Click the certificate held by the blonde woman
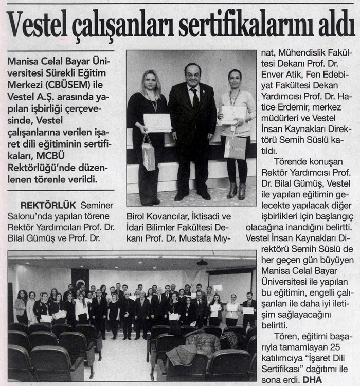[157, 122]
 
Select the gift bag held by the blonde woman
[148, 154]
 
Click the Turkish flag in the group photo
[80, 280]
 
